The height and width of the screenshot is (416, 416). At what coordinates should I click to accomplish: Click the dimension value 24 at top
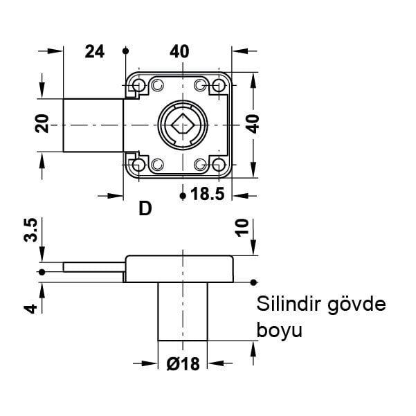click(94, 51)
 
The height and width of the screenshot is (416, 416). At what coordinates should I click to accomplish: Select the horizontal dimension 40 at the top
click(179, 51)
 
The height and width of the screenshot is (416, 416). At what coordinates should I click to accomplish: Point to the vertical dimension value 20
click(42, 125)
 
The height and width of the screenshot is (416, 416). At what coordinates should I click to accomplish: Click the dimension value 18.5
click(207, 195)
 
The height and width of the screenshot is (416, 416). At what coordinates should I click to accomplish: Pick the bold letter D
click(145, 208)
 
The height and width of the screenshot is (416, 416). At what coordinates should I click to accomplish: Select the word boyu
click(280, 330)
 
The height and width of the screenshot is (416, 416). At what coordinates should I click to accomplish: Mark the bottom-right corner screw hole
click(220, 165)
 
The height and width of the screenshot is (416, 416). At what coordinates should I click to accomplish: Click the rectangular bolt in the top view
click(94, 125)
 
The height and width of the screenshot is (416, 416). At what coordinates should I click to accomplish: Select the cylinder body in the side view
click(183, 311)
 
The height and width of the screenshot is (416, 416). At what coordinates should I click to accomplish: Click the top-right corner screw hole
click(220, 85)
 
